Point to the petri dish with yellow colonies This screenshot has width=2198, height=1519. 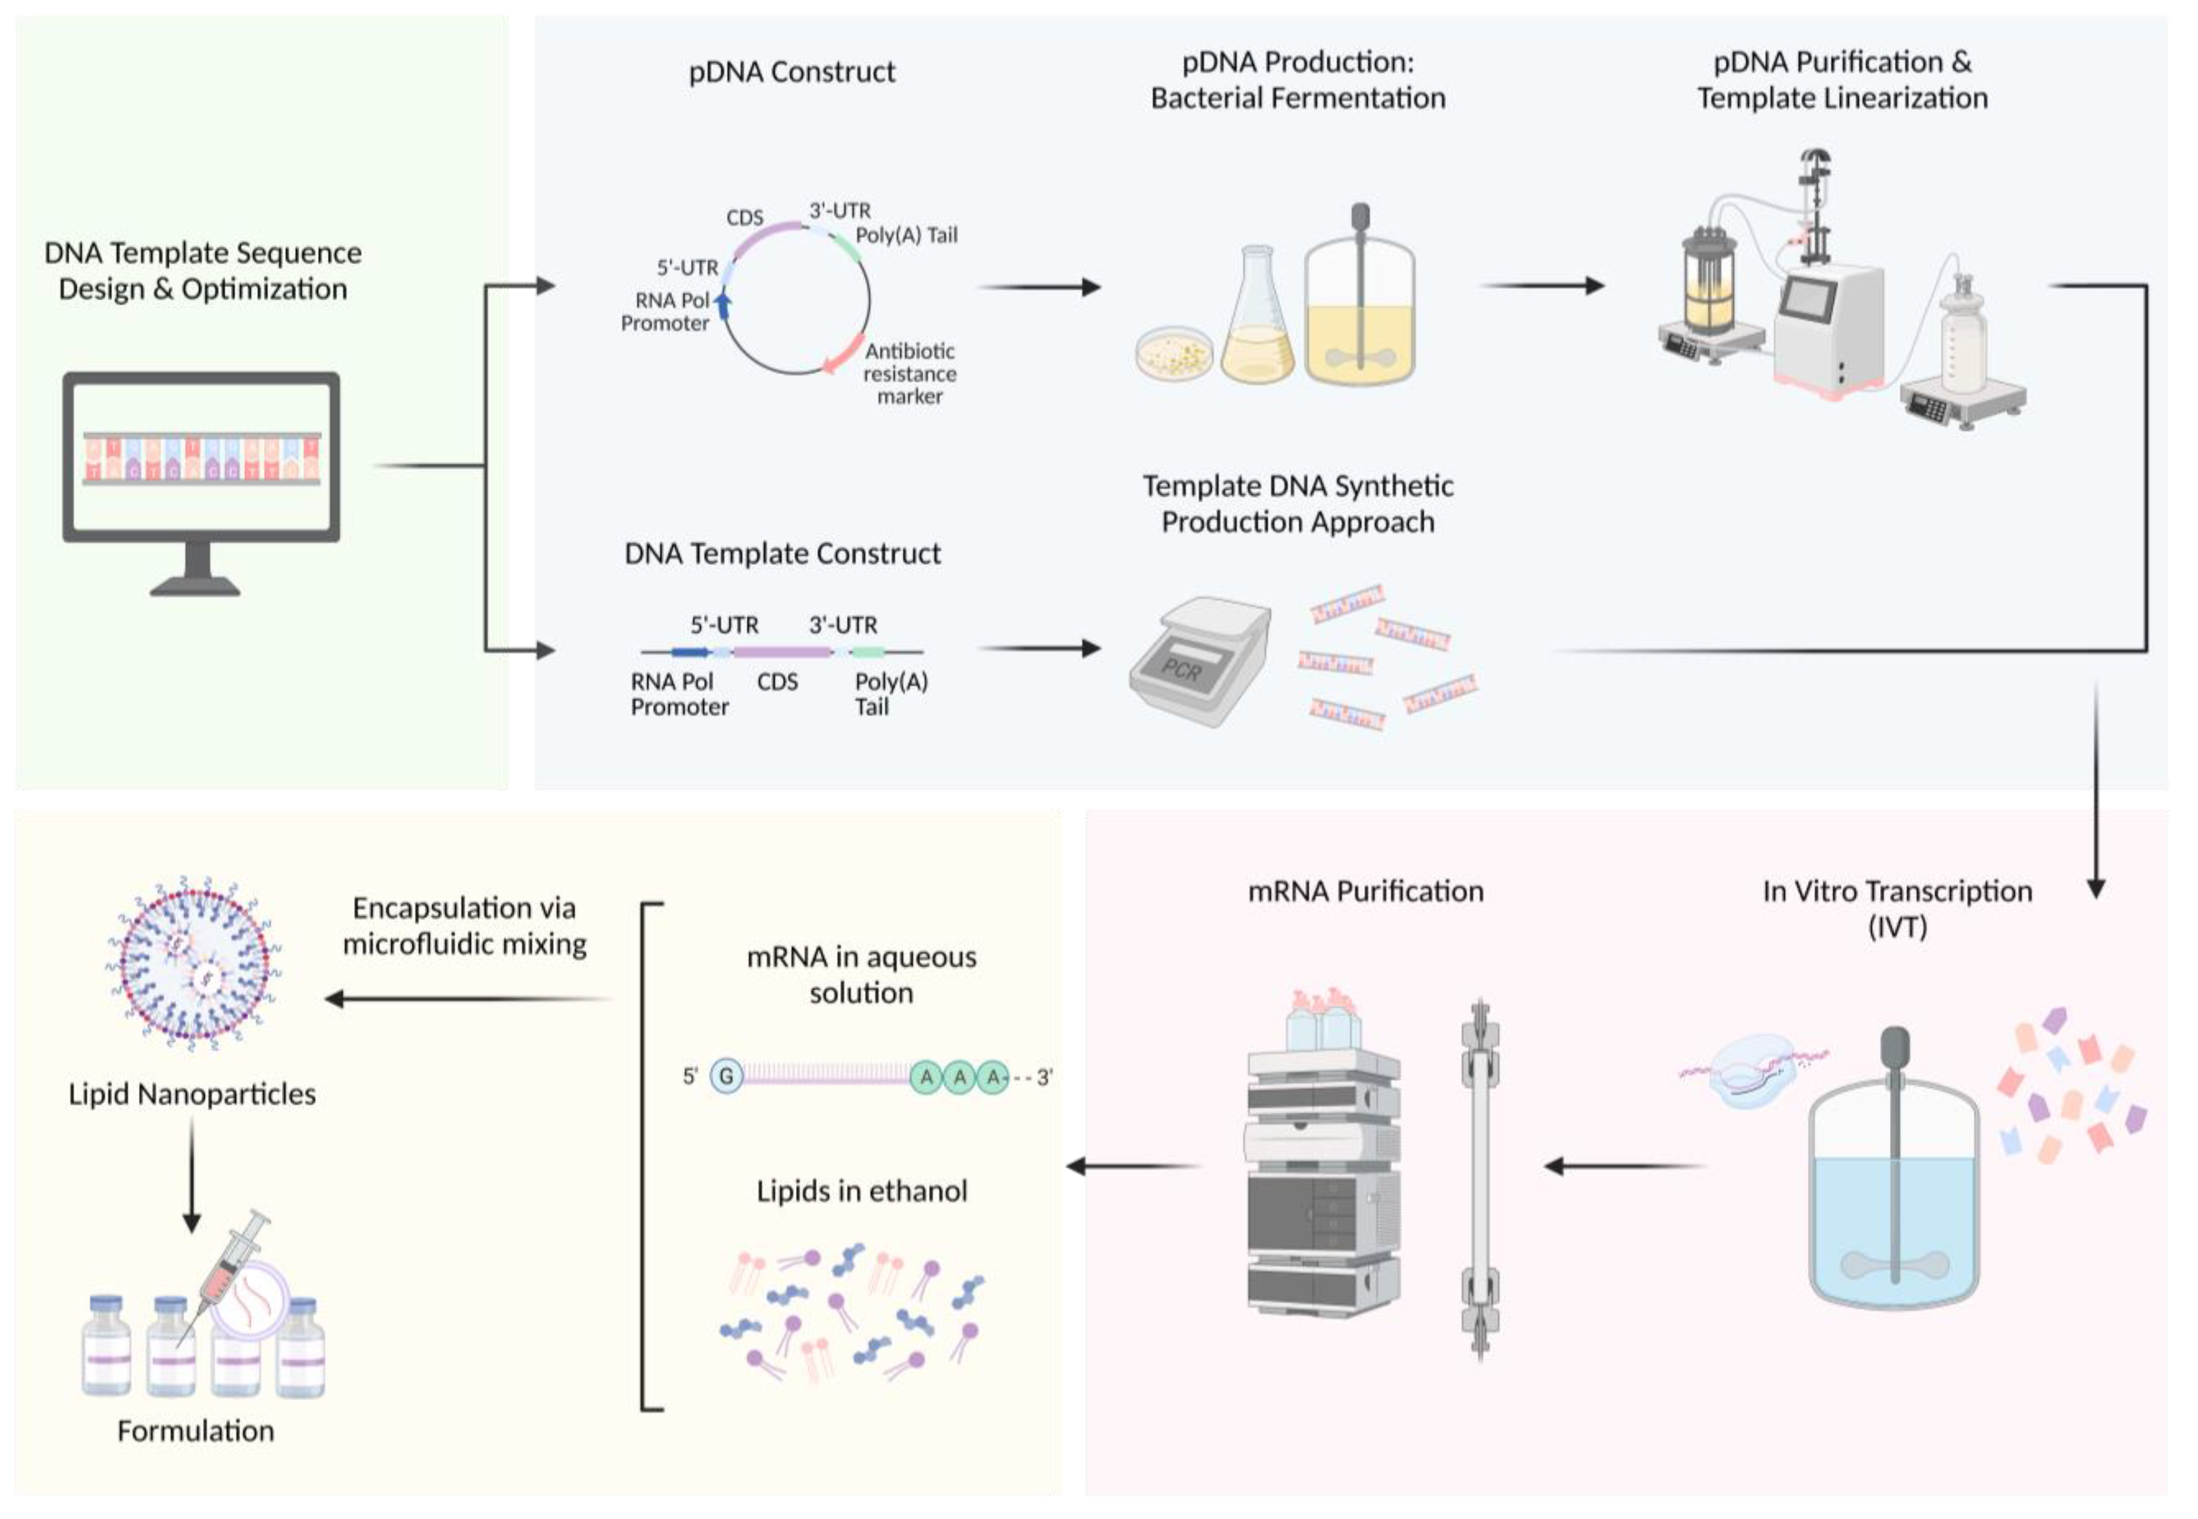[1175, 354]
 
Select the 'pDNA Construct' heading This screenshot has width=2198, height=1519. [791, 72]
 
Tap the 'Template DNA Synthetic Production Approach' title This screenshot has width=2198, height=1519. [1298, 503]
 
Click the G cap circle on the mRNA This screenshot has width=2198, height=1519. [726, 1076]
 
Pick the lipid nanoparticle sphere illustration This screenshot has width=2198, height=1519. [193, 963]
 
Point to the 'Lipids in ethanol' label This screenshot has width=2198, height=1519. [861, 1191]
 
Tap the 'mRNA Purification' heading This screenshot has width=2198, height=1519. [1365, 891]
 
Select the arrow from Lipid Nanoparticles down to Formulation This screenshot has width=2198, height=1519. [192, 1175]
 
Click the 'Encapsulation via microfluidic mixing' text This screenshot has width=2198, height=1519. [465, 925]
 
